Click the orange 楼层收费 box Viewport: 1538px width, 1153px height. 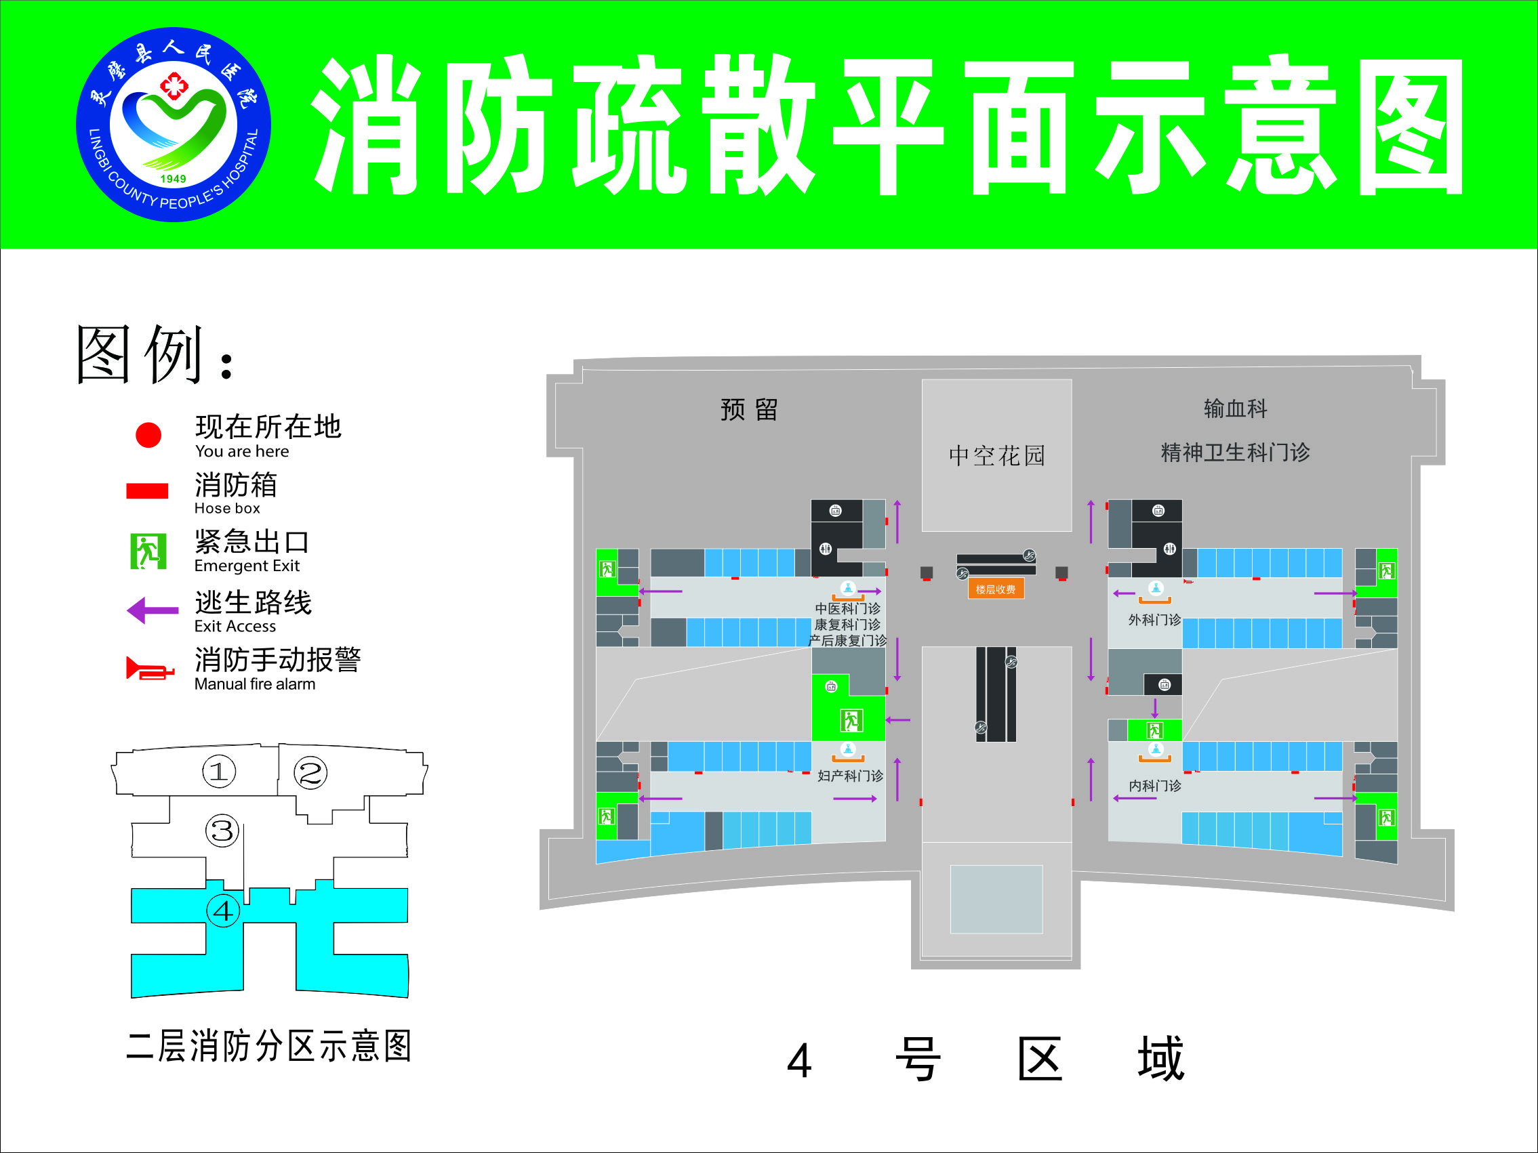(995, 589)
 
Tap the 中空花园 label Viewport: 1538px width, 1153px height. (997, 456)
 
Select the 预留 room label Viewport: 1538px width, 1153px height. (749, 409)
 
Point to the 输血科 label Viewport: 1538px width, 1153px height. (1236, 408)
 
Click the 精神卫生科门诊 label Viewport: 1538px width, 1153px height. (1236, 453)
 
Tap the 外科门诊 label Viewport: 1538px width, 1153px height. (1154, 620)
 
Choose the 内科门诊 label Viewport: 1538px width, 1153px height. (1154, 785)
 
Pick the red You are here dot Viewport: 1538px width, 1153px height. (148, 435)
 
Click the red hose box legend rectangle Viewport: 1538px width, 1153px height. (146, 490)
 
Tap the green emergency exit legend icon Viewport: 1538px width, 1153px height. (148, 551)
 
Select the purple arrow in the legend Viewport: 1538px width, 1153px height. (153, 610)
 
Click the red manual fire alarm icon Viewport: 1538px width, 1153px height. (150, 669)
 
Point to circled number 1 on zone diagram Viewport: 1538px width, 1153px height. (219, 772)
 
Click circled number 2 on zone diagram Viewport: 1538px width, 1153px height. (310, 773)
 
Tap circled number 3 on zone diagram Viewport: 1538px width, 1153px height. (222, 831)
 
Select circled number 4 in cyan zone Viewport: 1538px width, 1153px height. (223, 910)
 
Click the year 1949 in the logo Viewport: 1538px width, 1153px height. (173, 179)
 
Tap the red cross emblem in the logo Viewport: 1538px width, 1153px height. (173, 85)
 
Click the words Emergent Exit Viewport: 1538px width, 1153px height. (247, 566)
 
